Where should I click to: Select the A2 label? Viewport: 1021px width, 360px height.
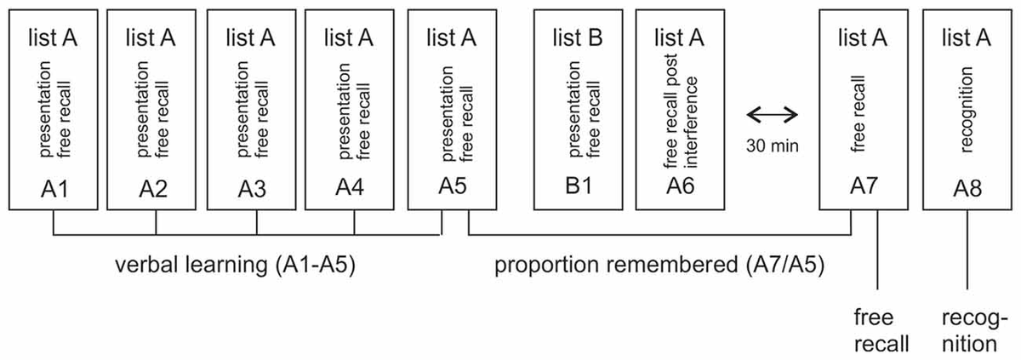click(154, 187)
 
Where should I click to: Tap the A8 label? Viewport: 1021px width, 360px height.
click(967, 187)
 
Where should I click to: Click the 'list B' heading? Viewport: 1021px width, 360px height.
click(578, 38)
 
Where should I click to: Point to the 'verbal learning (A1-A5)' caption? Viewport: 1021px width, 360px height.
click(235, 266)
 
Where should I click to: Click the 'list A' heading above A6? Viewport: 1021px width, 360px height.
click(679, 38)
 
